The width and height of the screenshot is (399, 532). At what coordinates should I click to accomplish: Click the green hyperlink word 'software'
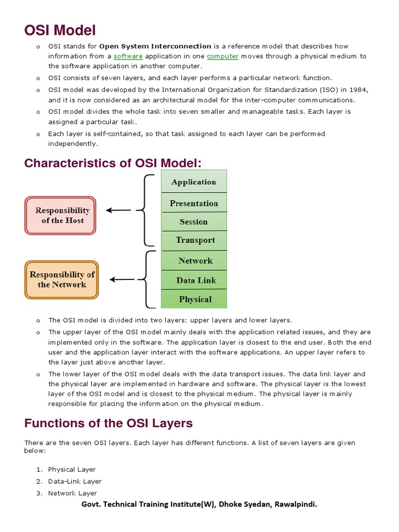(x=128, y=56)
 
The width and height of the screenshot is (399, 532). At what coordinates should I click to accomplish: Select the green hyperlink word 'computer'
(x=222, y=56)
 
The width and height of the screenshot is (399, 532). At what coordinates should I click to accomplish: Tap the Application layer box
(x=194, y=182)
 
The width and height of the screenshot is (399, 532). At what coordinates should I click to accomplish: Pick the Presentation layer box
(x=194, y=203)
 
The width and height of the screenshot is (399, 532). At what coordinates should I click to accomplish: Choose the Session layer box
(x=194, y=222)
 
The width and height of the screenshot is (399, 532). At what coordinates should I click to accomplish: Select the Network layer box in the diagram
(x=195, y=261)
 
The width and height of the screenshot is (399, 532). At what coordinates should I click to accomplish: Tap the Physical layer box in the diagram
(x=195, y=299)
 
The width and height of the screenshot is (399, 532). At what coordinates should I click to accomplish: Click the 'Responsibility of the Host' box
(x=61, y=215)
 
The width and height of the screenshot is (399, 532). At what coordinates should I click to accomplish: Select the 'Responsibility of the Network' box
(x=62, y=280)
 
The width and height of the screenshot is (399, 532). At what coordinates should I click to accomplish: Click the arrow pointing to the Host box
(x=119, y=210)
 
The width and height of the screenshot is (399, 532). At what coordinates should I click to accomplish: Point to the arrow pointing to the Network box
(x=122, y=280)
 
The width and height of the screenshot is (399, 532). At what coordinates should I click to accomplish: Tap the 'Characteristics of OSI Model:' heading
(x=112, y=163)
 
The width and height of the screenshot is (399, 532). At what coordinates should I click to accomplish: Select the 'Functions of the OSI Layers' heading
(x=108, y=423)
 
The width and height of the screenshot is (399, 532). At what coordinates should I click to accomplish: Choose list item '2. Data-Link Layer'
(x=74, y=481)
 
